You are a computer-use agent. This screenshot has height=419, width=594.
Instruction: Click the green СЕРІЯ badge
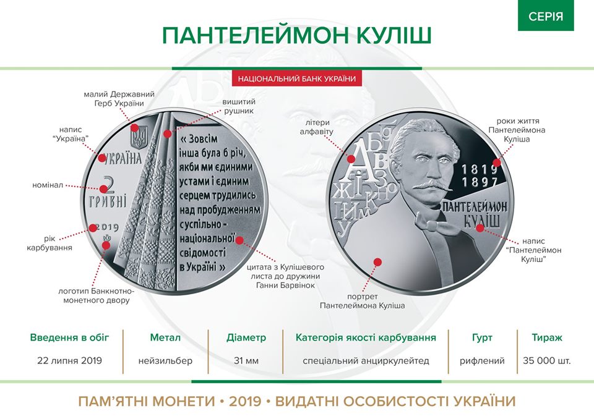pos(546,15)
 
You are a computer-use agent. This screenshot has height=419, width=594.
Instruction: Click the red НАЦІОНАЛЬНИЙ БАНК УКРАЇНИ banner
pos(297,78)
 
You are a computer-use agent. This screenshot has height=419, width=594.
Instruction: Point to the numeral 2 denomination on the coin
pos(110,185)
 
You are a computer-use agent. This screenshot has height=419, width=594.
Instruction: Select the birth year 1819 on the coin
pos(479,169)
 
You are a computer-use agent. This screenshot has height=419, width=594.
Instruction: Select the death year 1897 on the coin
pos(479,182)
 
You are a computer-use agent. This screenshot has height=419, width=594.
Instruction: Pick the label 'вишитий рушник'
pos(239,106)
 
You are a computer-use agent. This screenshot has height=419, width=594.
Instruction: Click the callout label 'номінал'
pos(48,185)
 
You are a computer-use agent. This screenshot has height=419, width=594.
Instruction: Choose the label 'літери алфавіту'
pos(317,127)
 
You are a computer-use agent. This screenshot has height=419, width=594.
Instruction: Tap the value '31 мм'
pos(246,361)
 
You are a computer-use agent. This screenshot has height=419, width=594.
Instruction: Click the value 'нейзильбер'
pos(165,361)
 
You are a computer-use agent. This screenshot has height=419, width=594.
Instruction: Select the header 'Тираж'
pos(546,337)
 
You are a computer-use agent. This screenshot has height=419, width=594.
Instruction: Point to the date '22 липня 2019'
pos(70,360)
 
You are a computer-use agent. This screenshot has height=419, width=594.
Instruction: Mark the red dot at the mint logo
pos(106,245)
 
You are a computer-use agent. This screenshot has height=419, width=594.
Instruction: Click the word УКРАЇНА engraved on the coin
pos(122,159)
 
